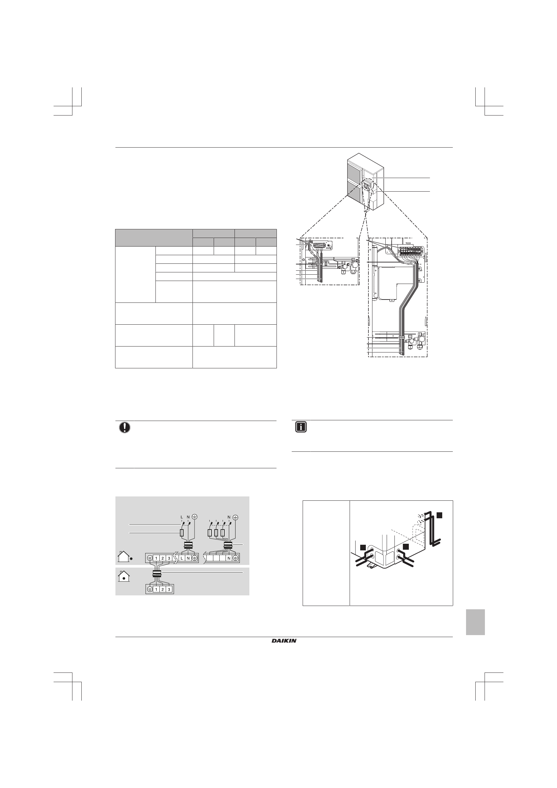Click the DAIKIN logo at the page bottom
[x=284, y=640]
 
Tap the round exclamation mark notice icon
[x=124, y=428]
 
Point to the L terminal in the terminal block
[x=182, y=558]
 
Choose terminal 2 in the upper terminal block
[x=163, y=558]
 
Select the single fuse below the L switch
[x=182, y=533]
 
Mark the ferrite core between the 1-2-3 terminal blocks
[x=157, y=573]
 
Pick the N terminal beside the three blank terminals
[x=229, y=558]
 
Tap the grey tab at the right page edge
[x=475, y=622]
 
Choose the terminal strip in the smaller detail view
[x=321, y=246]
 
